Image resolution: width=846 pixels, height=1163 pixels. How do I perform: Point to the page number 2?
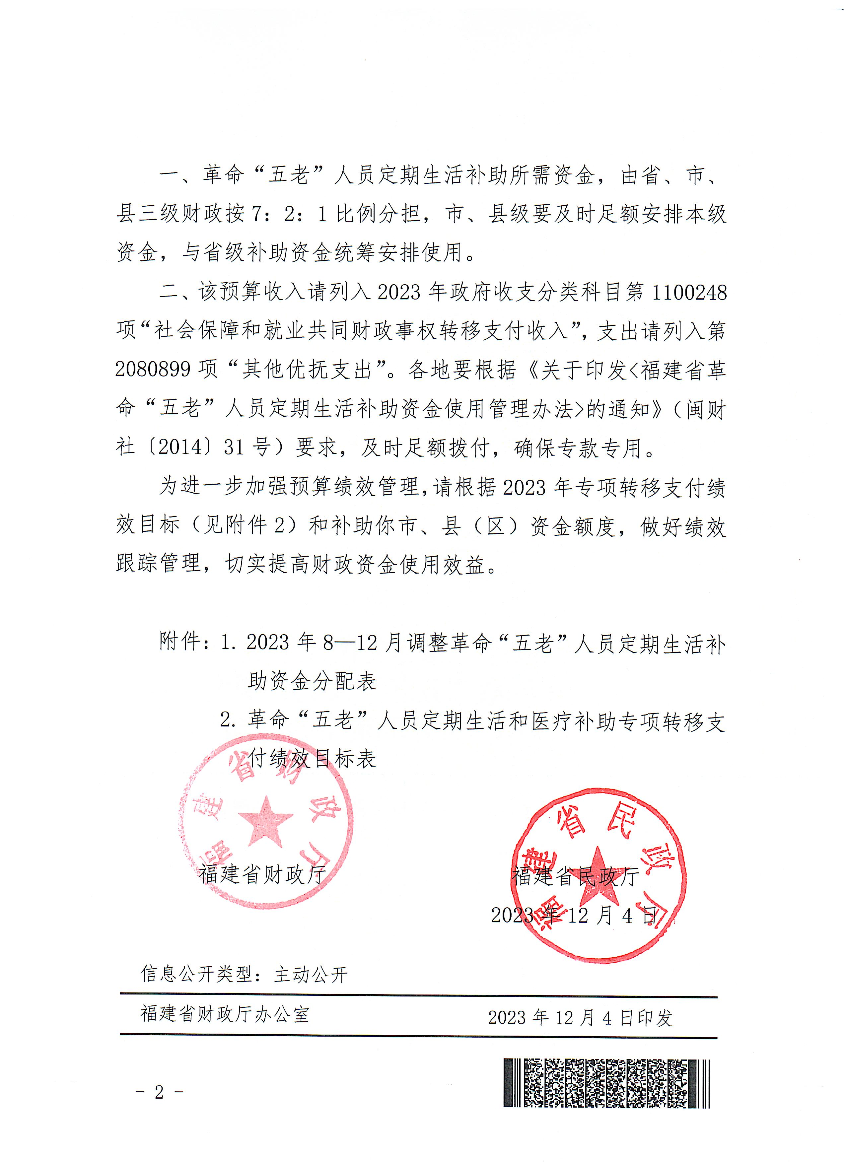[x=159, y=1092]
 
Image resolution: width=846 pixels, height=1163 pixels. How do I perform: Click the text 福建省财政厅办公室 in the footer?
[x=225, y=1013]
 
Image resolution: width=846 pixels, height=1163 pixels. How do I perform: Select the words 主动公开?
[x=311, y=974]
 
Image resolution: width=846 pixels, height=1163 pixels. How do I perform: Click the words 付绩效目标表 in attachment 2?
[x=312, y=758]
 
